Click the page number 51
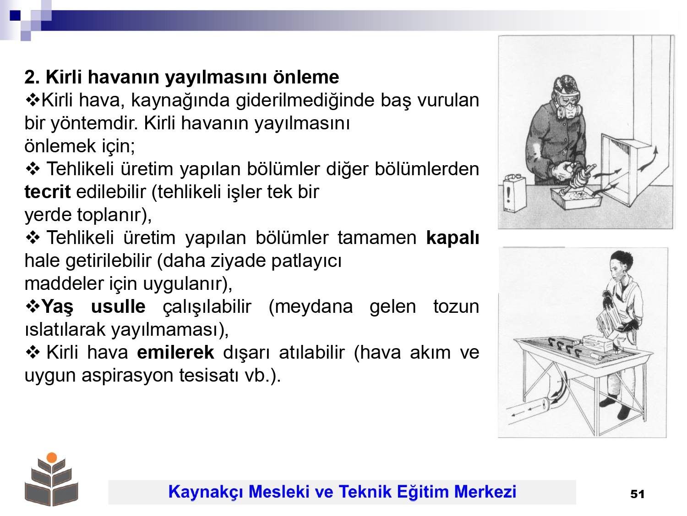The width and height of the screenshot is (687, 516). pos(637,494)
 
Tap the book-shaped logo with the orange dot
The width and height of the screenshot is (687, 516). pos(51,479)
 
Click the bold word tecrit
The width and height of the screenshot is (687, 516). pos(47,192)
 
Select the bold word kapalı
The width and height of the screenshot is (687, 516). pos(453,238)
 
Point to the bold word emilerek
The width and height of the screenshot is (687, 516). pos(175,352)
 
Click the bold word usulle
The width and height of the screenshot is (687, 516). pos(118,306)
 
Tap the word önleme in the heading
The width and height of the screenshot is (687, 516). pos(306,77)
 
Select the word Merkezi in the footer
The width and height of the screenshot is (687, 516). pos(485,492)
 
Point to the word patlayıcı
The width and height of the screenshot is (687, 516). pos(306,261)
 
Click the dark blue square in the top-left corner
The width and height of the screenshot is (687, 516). pos(15,15)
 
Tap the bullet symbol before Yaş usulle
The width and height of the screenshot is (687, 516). pos(33,307)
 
